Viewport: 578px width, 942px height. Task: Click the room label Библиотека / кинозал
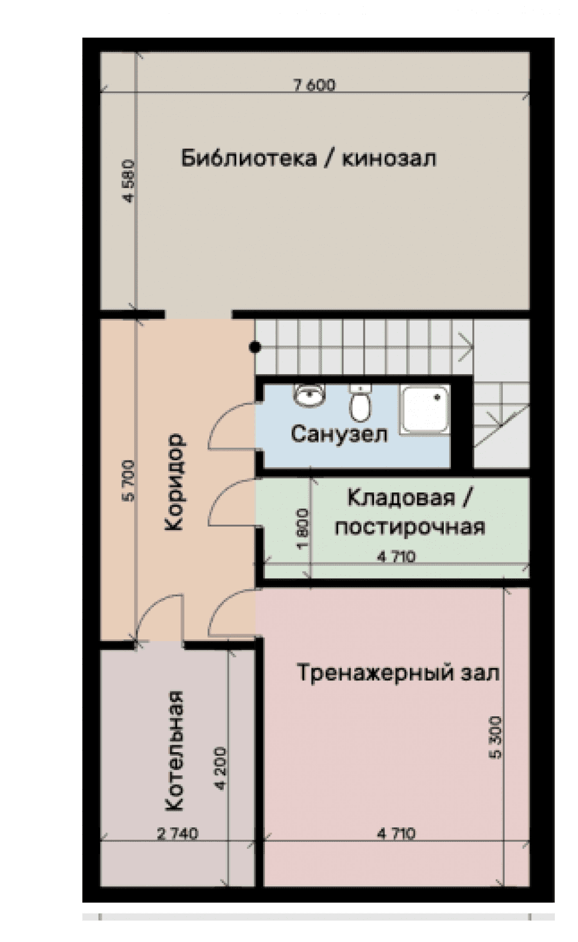[x=309, y=159]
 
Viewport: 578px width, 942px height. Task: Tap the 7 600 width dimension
[x=314, y=86]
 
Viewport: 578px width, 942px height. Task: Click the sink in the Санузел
[x=310, y=396]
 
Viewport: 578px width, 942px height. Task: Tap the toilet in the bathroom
[x=359, y=403]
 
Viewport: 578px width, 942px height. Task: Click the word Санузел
[x=339, y=434]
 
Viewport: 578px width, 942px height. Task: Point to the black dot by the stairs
[x=255, y=347]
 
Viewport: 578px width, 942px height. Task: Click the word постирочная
[x=410, y=527]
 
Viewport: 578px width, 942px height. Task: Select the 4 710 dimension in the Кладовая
[x=396, y=557]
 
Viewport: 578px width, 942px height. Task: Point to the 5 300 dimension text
[x=495, y=738]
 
